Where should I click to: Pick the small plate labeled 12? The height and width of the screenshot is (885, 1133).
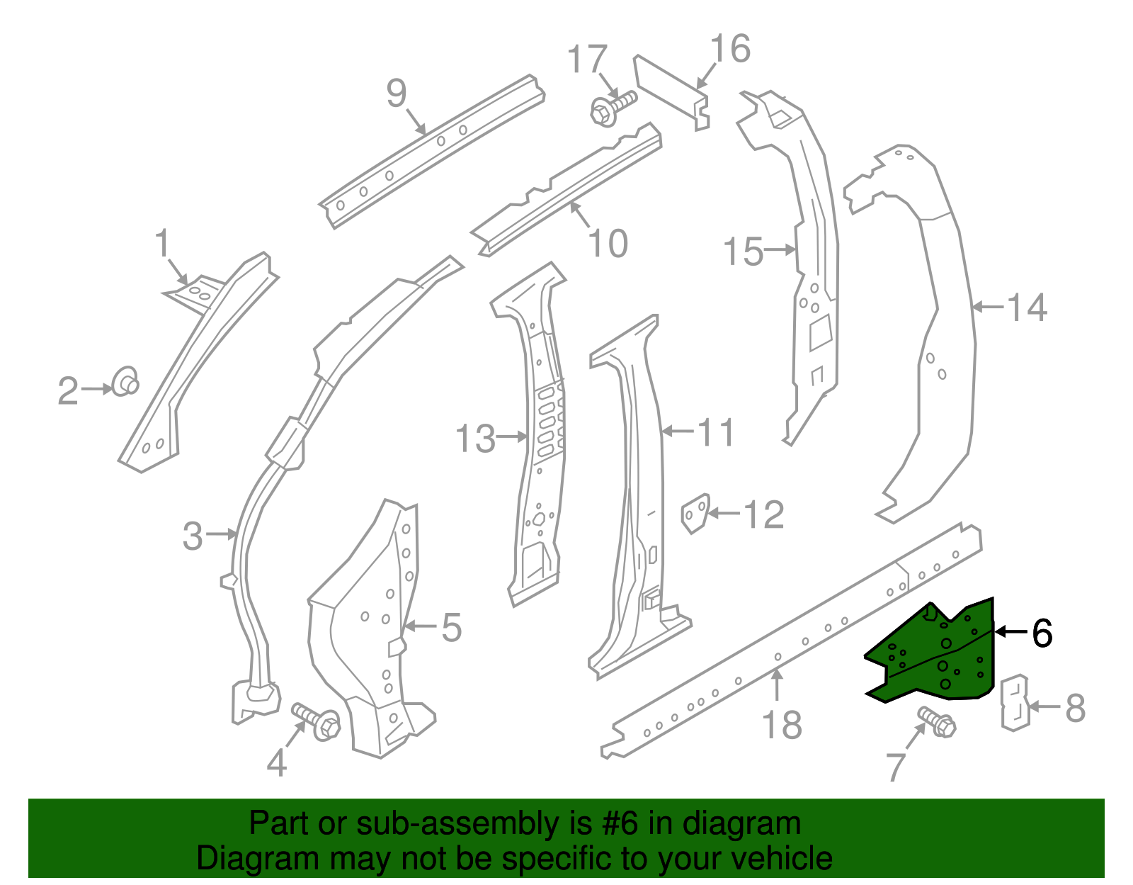click(695, 512)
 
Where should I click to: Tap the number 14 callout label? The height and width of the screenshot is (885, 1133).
click(1026, 308)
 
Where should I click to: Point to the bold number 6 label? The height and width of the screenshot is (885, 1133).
click(1042, 633)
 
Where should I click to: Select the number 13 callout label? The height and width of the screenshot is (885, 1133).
click(475, 439)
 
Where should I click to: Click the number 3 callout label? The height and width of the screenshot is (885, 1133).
click(193, 536)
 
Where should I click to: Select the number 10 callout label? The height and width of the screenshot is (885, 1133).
click(608, 244)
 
